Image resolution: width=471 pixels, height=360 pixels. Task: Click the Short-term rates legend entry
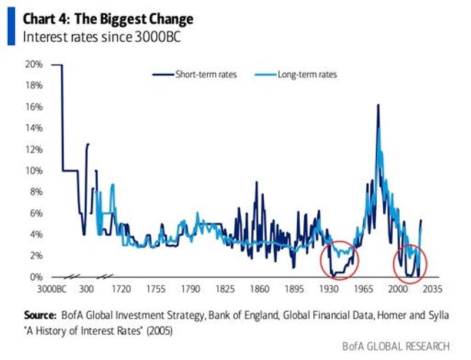pos(205,75)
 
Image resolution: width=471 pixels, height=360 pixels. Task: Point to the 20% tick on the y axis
pos(34,64)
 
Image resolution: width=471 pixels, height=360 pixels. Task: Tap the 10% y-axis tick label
pos(34,171)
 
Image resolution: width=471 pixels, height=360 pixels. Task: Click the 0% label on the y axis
pos(37,277)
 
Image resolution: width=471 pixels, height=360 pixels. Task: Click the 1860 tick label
pos(259,290)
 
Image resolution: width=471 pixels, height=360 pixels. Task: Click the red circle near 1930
pos(339,260)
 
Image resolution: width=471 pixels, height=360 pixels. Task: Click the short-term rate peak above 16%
pos(377,105)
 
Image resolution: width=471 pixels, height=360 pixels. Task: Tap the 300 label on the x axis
pos(86,290)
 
